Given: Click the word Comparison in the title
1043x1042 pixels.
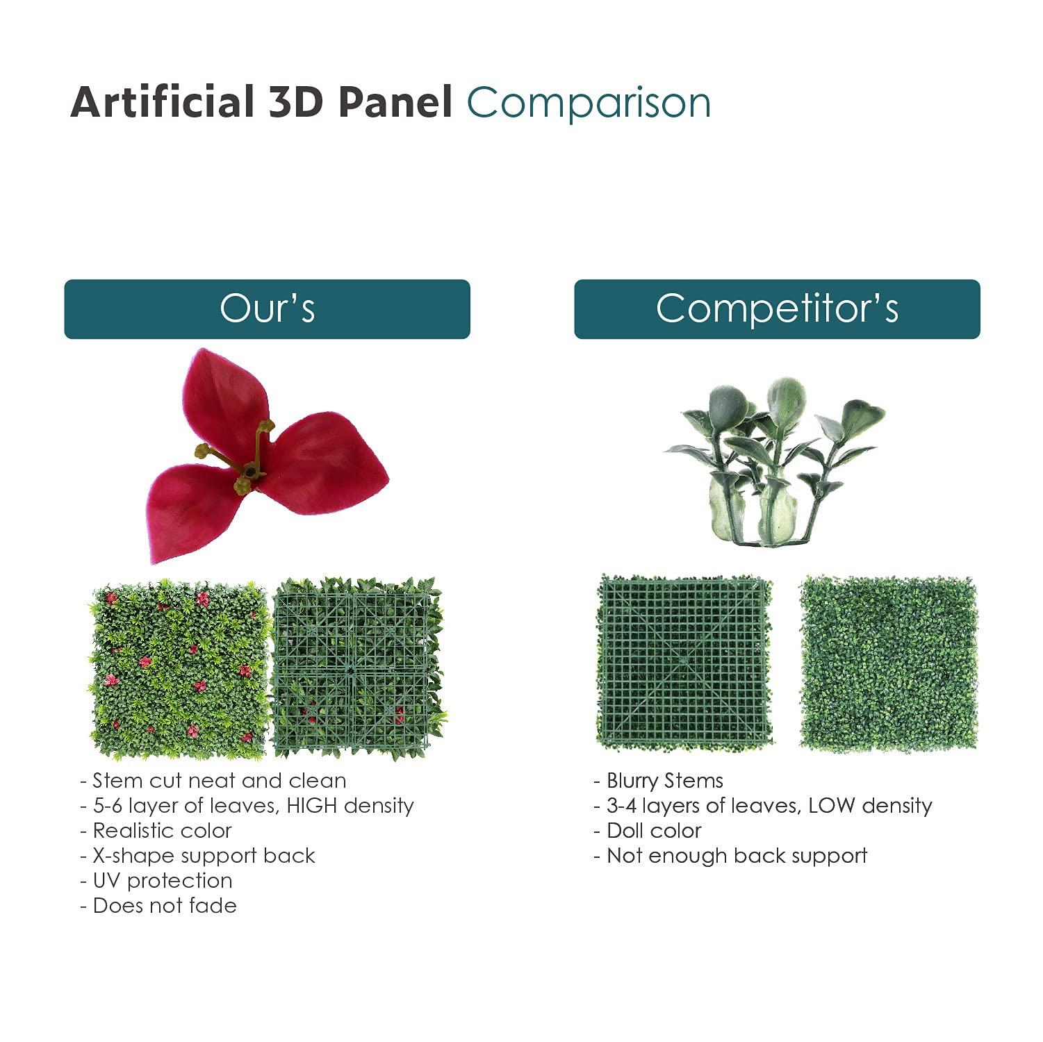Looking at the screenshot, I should pos(589,103).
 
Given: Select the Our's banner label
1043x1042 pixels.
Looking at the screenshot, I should pos(267,308).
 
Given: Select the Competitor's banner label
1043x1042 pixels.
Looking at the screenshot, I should pos(777,308).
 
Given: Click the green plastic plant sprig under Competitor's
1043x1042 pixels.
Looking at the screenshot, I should pos(775,458).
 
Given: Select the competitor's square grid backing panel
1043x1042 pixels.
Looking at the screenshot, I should pos(684,662).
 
